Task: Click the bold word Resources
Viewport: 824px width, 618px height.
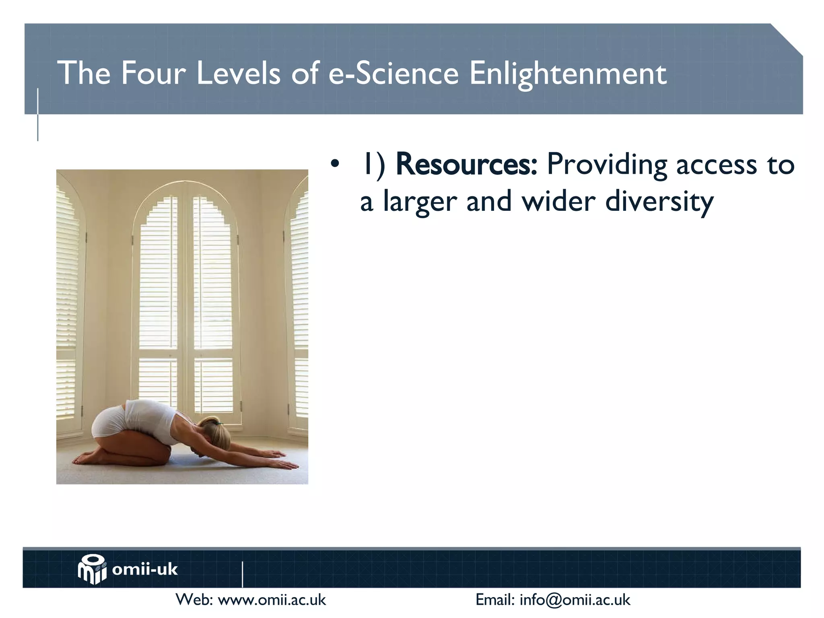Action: point(466,165)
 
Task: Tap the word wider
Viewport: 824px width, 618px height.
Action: point(558,201)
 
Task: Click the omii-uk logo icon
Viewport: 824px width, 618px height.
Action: point(92,569)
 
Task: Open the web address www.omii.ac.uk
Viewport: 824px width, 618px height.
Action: point(272,600)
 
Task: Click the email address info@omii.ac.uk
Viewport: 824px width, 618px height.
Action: point(575,600)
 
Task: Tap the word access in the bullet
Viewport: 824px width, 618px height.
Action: point(716,165)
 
